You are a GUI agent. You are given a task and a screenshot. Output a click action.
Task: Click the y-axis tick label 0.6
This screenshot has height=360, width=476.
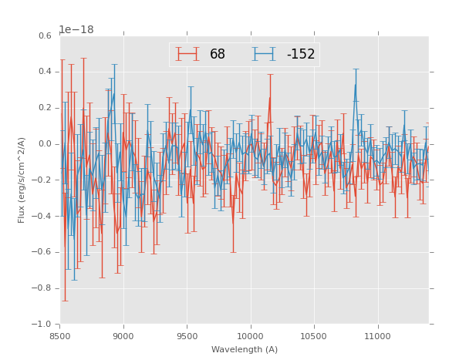click(x=46, y=35)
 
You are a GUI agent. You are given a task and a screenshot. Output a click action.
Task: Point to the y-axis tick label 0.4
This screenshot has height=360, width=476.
click(x=46, y=72)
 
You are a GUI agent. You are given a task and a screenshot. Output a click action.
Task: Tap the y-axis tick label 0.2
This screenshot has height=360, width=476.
click(x=46, y=108)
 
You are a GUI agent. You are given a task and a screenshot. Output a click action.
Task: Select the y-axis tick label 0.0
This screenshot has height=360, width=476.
click(x=46, y=144)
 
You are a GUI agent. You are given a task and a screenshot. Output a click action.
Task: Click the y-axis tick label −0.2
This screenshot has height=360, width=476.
click(x=43, y=180)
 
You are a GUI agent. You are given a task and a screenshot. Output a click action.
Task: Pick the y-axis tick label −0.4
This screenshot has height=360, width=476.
click(x=43, y=217)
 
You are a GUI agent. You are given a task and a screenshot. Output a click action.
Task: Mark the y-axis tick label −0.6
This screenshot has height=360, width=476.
click(x=43, y=252)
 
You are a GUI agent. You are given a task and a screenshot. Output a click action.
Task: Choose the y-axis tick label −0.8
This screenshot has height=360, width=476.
click(x=43, y=288)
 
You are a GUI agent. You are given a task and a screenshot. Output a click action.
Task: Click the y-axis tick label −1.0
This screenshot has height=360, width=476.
click(x=43, y=325)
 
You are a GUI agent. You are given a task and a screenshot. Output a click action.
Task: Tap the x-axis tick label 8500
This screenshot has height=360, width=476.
click(x=60, y=336)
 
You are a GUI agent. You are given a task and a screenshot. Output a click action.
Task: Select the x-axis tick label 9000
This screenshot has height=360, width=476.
click(x=123, y=336)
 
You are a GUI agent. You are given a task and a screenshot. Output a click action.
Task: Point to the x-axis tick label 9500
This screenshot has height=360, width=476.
click(x=187, y=336)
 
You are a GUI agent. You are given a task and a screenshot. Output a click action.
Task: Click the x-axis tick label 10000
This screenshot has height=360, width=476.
click(x=250, y=336)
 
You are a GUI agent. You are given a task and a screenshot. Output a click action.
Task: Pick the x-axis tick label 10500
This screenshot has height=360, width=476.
click(x=313, y=336)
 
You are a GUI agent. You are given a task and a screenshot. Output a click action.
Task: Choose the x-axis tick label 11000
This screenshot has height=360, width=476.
click(x=376, y=336)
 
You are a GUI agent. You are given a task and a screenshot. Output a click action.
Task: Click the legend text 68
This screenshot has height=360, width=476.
click(x=218, y=55)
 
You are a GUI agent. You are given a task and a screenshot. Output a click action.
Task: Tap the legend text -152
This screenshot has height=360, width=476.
click(x=300, y=55)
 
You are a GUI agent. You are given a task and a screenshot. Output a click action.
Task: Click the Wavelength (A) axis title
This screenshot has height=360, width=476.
click(x=245, y=349)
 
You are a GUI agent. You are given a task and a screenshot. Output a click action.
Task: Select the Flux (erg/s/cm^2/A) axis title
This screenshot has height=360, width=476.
click(x=22, y=180)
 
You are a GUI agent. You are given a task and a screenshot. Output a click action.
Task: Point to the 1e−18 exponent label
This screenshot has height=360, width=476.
click(x=76, y=29)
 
